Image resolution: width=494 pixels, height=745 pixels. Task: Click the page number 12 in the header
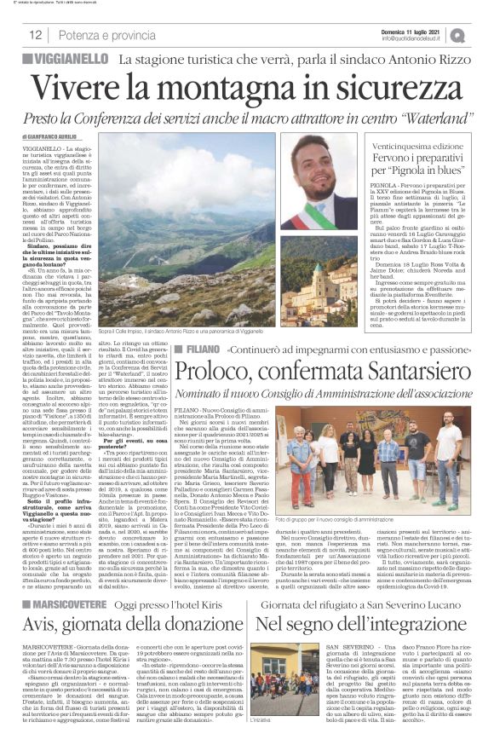coord(35,35)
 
